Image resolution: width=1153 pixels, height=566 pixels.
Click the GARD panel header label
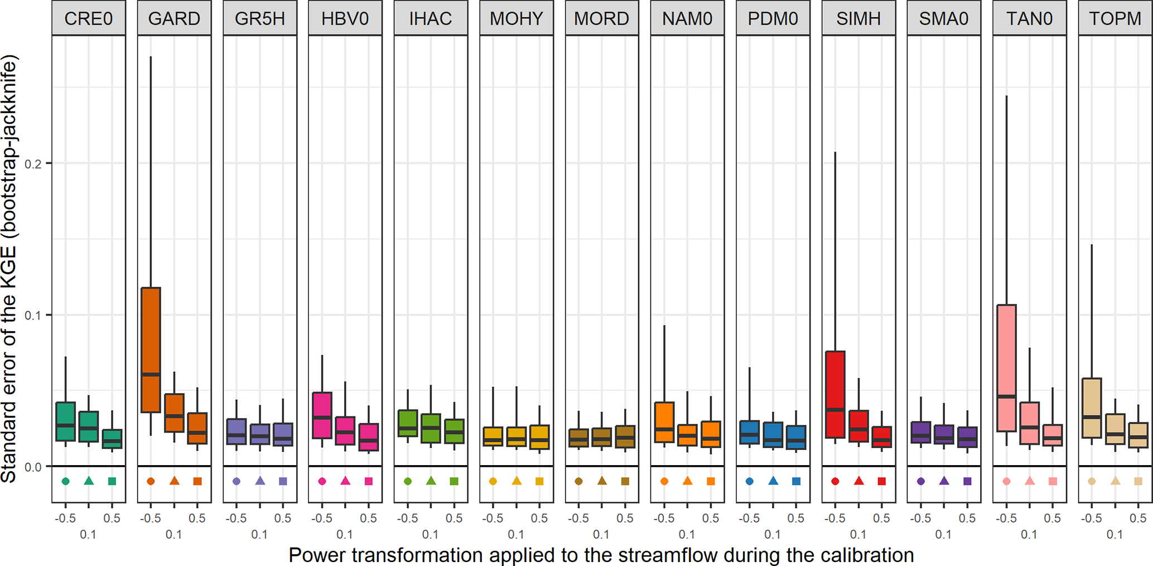tap(174, 19)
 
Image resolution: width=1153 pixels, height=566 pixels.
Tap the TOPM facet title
tap(1115, 19)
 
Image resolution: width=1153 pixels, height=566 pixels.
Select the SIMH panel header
tap(858, 19)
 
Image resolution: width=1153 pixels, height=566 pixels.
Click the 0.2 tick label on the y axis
tap(34, 164)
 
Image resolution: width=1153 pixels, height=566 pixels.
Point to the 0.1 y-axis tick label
tap(34, 316)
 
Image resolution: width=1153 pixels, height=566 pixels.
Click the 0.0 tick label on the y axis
tap(34, 467)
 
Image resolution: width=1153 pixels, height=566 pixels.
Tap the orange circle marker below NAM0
tap(664, 481)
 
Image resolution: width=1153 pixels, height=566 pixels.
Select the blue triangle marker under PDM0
tap(773, 481)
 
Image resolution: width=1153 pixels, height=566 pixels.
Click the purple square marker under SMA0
tap(967, 481)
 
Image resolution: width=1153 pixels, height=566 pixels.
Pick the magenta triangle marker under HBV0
tap(345, 481)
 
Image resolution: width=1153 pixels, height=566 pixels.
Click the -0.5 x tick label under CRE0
tap(65, 518)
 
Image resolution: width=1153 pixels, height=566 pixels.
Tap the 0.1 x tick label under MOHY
tap(516, 535)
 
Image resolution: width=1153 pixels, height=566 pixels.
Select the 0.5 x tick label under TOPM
tap(1138, 518)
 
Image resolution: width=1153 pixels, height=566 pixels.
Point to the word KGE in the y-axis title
tap(9, 265)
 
